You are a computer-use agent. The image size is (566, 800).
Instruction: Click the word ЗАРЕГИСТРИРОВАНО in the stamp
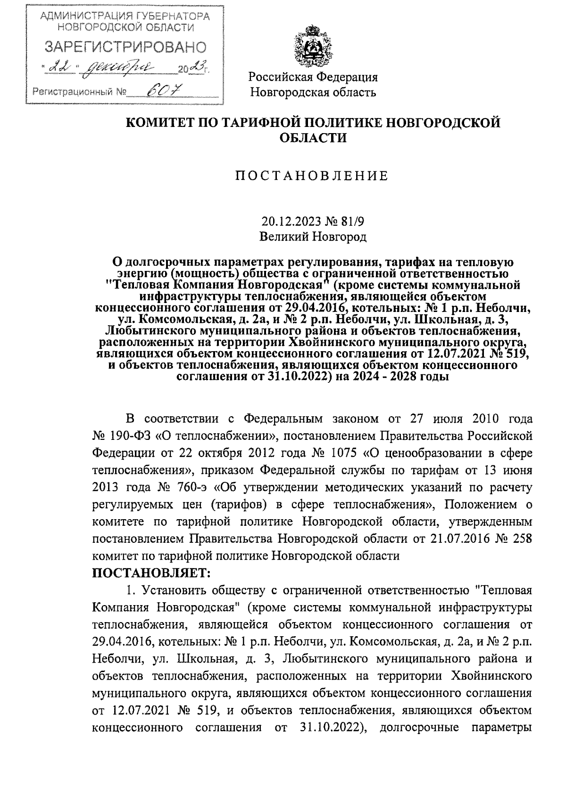tap(125, 48)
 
